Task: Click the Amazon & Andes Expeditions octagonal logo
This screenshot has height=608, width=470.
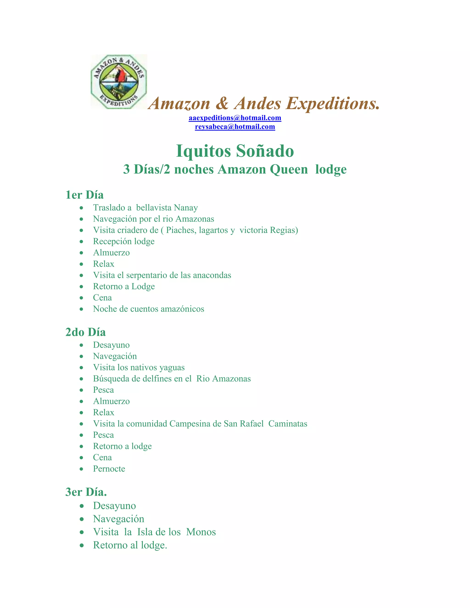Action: coord(119,82)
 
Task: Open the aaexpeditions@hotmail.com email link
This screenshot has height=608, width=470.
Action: coord(235,118)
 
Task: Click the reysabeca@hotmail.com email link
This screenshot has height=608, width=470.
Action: coord(235,127)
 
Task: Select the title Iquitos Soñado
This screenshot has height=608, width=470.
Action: coord(235,151)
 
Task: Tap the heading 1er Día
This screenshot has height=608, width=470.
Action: coord(84,195)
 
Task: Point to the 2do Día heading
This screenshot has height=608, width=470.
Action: coord(85,332)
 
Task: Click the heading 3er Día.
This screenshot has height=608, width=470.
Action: coord(86,492)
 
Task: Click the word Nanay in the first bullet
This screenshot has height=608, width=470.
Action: coord(186,208)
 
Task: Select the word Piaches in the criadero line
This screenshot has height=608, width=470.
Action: coord(181,230)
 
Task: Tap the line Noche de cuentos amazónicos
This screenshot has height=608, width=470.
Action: coord(148,309)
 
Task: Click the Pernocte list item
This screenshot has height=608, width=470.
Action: coord(109,469)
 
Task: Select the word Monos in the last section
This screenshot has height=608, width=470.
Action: coord(201,532)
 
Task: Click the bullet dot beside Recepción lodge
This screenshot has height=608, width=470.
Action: coord(81,242)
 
